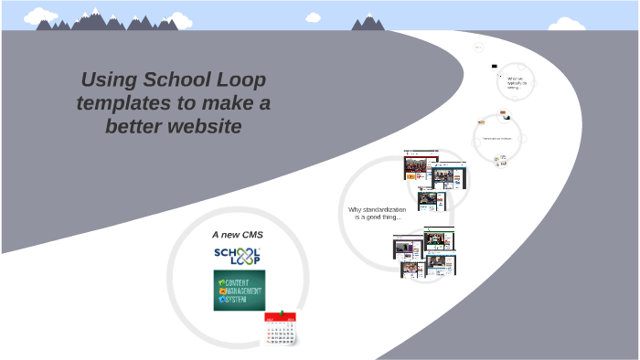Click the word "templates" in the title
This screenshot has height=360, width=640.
click(x=123, y=103)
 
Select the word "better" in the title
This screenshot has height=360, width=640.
click(x=134, y=127)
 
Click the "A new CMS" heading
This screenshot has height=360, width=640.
click(x=237, y=235)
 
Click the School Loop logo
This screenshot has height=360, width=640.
click(x=237, y=256)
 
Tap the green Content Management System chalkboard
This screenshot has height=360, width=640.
click(x=239, y=289)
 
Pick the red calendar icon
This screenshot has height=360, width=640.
click(x=282, y=328)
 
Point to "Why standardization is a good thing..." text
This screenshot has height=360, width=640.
click(x=376, y=213)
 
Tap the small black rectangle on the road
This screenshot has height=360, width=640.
click(x=495, y=66)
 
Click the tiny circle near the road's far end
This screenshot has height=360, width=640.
click(x=478, y=47)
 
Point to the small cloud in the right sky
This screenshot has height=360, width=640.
click(x=314, y=16)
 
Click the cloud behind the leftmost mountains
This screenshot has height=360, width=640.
click(x=39, y=16)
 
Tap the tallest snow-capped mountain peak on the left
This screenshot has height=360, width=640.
click(x=96, y=14)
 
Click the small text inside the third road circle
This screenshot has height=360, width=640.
click(x=497, y=139)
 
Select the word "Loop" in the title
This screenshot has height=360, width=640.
click(x=236, y=79)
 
